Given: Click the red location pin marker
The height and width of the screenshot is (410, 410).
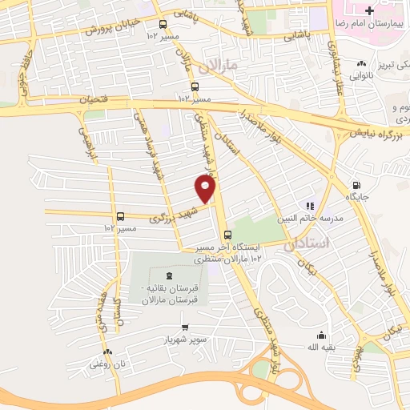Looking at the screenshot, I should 205,189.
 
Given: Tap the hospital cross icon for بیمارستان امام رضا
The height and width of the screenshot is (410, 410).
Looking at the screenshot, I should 368,10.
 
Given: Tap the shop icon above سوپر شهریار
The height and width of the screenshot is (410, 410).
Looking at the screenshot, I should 186,327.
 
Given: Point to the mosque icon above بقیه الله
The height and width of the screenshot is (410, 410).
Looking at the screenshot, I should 321,335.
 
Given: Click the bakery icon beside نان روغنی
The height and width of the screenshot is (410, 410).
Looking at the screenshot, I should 107,351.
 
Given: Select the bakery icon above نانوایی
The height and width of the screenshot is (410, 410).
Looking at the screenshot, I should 362,62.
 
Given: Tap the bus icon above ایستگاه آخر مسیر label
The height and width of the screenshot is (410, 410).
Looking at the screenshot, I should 228,235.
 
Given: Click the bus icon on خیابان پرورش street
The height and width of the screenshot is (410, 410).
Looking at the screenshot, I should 163,24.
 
